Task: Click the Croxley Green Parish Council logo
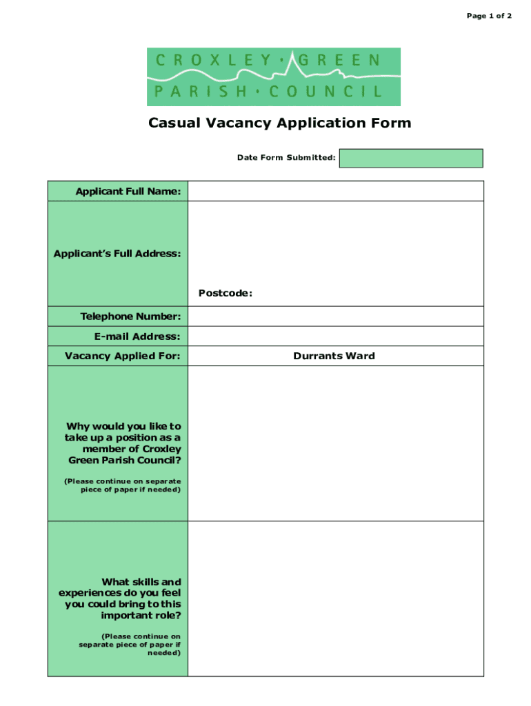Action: point(273,77)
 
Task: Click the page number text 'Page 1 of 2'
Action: point(489,16)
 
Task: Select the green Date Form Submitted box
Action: point(411,158)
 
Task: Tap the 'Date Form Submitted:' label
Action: point(286,158)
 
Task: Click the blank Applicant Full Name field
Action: point(336,191)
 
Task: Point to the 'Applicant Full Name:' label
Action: point(128,191)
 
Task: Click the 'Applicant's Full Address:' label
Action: point(117,254)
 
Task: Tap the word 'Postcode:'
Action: point(226,293)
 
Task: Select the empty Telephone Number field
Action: point(336,316)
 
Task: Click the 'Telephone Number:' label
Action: point(130,316)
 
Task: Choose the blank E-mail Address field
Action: point(336,336)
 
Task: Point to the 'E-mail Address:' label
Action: point(137,336)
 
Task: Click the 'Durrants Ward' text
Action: point(334,356)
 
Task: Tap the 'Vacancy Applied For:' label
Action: point(123,356)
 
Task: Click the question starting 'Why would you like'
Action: point(123,443)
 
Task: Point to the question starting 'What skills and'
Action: point(120,598)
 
